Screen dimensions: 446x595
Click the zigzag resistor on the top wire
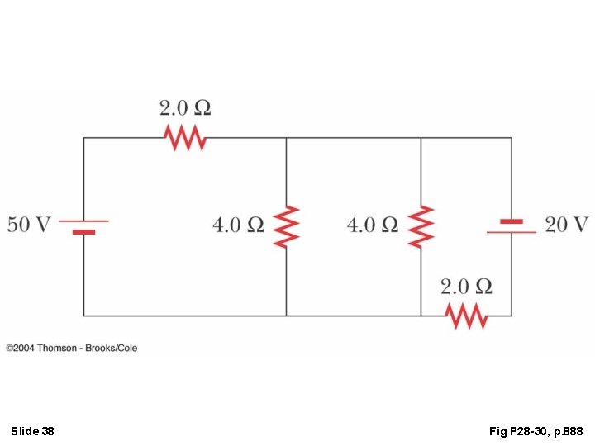(x=187, y=137)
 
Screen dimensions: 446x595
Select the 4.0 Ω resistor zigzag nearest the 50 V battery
(x=287, y=226)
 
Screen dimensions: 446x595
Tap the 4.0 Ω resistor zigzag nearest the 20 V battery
(x=421, y=226)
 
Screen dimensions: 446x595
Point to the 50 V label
(x=30, y=225)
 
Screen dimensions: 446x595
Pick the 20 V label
(x=566, y=225)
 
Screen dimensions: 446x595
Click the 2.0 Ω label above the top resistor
(x=185, y=108)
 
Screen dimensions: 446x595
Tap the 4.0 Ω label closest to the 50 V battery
(x=238, y=225)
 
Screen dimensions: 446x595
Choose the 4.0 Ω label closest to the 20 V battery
(x=373, y=225)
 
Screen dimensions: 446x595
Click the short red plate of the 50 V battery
(x=83, y=232)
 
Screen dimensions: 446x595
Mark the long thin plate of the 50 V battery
(x=83, y=221)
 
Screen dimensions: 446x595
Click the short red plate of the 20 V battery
(x=512, y=221)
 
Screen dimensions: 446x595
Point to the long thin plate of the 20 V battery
(x=512, y=232)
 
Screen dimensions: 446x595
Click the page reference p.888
(x=567, y=431)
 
